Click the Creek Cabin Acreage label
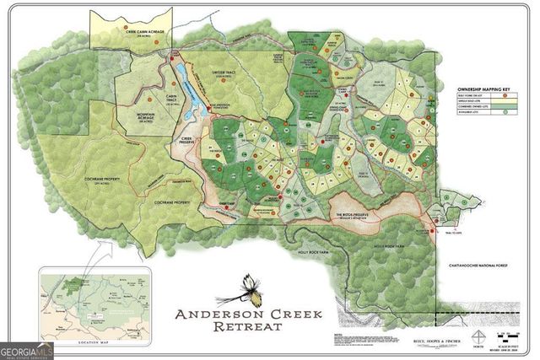tap(133, 33)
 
